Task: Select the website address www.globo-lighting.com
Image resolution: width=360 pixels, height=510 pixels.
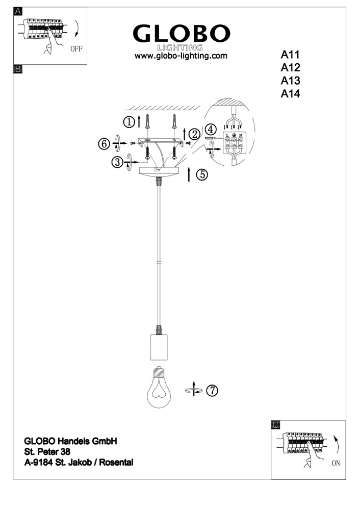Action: pos(180,56)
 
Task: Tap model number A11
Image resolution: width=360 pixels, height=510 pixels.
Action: pos(292,55)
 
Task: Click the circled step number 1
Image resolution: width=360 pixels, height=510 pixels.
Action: pos(130,122)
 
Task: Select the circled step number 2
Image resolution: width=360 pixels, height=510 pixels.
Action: pos(194,134)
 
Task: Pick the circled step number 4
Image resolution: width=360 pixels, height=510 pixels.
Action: pos(211,129)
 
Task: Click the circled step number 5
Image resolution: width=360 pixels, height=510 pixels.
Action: pos(202,174)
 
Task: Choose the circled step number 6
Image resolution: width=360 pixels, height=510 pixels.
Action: pos(104,144)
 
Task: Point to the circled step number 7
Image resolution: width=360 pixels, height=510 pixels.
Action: pos(212,391)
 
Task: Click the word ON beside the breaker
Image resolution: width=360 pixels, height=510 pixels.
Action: pos(336,464)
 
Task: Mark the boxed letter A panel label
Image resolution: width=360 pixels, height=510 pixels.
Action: pos(18,12)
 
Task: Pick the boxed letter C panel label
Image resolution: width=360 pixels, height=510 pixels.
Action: pos(275,424)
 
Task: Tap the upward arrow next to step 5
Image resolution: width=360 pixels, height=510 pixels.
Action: pos(190,174)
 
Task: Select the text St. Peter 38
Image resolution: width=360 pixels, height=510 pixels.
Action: pos(47,451)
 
